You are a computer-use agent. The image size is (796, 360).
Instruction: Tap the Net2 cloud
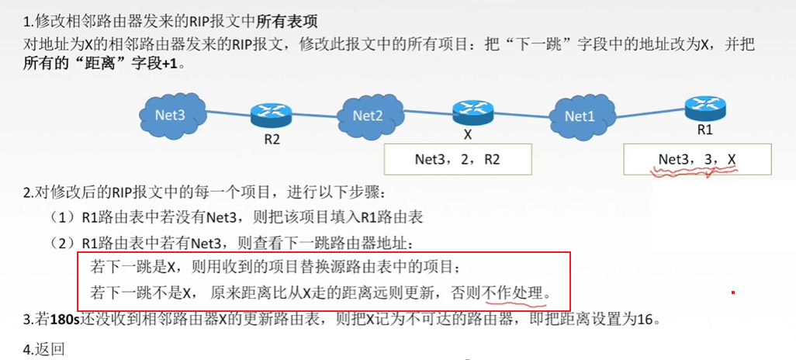pos(368,116)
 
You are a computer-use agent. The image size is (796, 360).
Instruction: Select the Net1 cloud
pos(579,117)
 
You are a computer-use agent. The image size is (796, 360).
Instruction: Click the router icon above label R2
pos(270,116)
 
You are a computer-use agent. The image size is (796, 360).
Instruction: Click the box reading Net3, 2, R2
pos(458,159)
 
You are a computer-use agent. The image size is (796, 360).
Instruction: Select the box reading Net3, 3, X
pos(697,159)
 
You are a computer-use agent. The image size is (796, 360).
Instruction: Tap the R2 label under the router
pos(270,141)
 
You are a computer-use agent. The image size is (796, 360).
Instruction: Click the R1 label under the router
pos(704,130)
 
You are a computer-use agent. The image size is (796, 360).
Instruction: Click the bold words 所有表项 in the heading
pos(293,18)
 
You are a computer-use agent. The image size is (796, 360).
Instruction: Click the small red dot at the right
pos(733,293)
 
